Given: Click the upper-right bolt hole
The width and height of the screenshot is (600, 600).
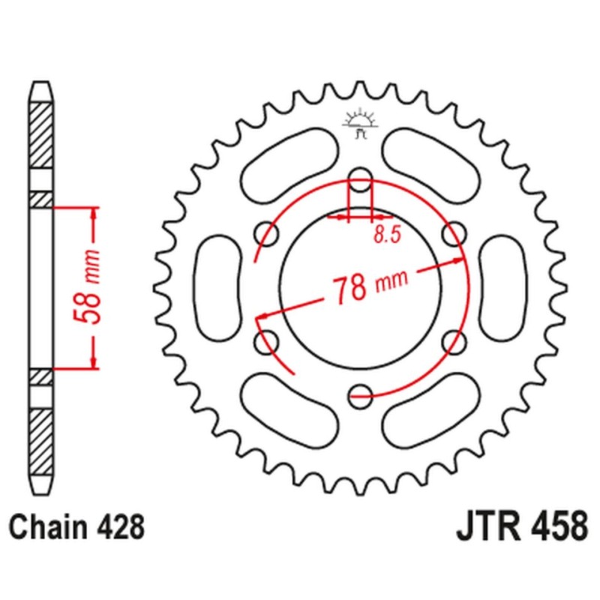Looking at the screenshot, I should click(x=453, y=234).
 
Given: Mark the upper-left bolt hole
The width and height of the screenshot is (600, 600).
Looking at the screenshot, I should click(x=267, y=234).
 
